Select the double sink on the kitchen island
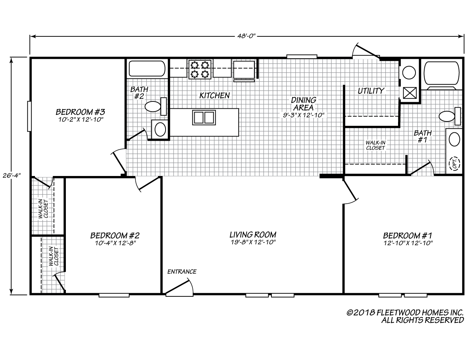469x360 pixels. pos(204,118)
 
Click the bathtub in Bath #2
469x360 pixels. pos(147,68)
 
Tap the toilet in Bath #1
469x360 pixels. pos(449,116)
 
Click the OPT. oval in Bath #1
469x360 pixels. pos(454,163)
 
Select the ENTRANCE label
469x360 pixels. pos(182,272)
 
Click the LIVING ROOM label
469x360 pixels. pos(253,235)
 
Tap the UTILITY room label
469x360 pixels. pos(371,91)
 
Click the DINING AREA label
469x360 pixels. pos(303,104)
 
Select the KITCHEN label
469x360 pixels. pos(214,95)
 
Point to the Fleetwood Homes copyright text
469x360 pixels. pos(405,316)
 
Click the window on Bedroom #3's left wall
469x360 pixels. pos(28,116)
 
